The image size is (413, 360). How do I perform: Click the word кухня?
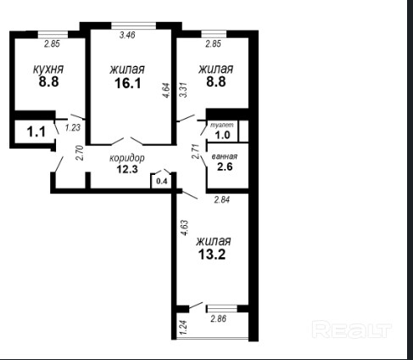click(x=48, y=69)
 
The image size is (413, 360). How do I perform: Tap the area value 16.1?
click(x=128, y=83)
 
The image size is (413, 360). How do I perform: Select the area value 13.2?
click(x=212, y=255)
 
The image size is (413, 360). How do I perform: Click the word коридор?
click(x=127, y=158)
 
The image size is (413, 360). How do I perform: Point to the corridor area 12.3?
click(x=127, y=169)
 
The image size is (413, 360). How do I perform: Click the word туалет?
click(x=222, y=125)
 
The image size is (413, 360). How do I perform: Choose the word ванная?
click(x=225, y=156)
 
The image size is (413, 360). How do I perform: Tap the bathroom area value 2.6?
click(x=225, y=166)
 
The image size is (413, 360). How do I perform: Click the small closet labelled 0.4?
click(x=162, y=182)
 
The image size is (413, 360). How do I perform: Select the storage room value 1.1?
click(x=36, y=132)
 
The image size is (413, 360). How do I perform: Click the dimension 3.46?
click(x=127, y=35)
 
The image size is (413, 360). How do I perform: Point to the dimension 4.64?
click(x=166, y=90)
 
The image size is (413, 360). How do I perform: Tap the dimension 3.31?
click(x=184, y=90)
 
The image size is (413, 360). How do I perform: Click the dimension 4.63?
click(x=185, y=228)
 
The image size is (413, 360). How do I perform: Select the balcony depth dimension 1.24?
click(x=183, y=326)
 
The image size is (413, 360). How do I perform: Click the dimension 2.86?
click(x=219, y=318)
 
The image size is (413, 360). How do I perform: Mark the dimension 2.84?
click(x=222, y=200)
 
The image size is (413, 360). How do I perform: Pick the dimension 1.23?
click(x=73, y=127)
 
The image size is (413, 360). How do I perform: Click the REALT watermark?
click(x=352, y=329)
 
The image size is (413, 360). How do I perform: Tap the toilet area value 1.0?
click(x=223, y=135)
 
